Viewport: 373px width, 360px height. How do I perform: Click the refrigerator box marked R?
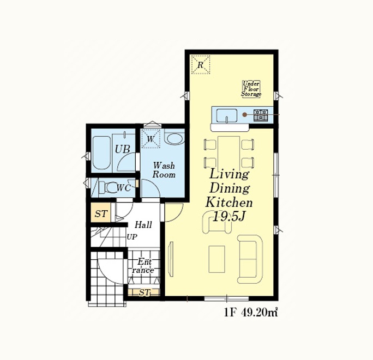[201, 64]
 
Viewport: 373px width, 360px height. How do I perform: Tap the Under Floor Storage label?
[251, 89]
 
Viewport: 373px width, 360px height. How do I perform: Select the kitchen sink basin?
[227, 115]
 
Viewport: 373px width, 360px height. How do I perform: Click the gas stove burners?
[261, 115]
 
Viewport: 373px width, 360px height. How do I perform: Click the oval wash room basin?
[175, 138]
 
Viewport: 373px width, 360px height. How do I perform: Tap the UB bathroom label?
[122, 149]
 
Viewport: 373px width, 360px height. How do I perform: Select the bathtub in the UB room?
[101, 152]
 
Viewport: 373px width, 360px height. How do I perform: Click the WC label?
[124, 188]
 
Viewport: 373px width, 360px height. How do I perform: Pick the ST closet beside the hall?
[101, 212]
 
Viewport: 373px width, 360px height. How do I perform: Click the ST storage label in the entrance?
[144, 292]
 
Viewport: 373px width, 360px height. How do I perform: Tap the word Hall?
[143, 224]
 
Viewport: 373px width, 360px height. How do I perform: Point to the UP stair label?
[131, 237]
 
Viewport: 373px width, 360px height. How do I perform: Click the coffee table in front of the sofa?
[216, 259]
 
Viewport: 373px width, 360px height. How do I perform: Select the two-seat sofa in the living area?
[250, 259]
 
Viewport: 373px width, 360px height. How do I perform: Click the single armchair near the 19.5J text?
[216, 222]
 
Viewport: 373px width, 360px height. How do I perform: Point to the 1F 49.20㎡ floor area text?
[251, 313]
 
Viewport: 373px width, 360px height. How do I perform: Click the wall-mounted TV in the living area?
[171, 259]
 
